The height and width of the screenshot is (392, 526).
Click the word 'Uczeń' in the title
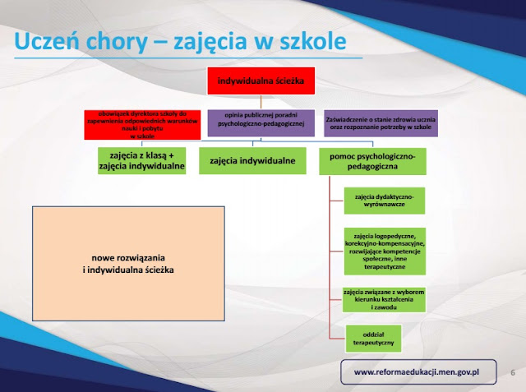[x=49, y=40]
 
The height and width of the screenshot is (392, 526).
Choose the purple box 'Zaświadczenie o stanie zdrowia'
[x=381, y=123]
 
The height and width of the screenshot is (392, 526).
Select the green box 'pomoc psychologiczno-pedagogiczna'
[x=373, y=160]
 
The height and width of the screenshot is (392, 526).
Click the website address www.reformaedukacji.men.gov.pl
[x=416, y=372]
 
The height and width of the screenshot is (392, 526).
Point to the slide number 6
[x=514, y=372]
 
